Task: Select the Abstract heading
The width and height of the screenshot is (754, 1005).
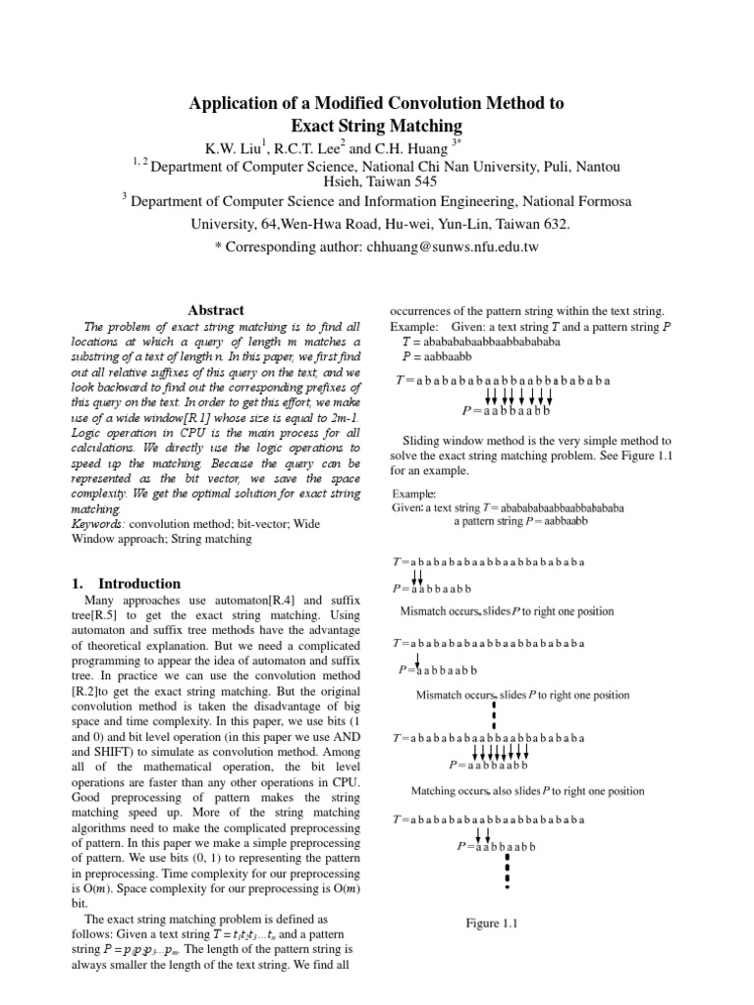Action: [x=215, y=310]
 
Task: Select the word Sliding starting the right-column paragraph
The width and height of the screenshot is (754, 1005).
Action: [x=425, y=441]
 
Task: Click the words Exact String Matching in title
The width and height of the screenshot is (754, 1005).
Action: [x=377, y=126]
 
